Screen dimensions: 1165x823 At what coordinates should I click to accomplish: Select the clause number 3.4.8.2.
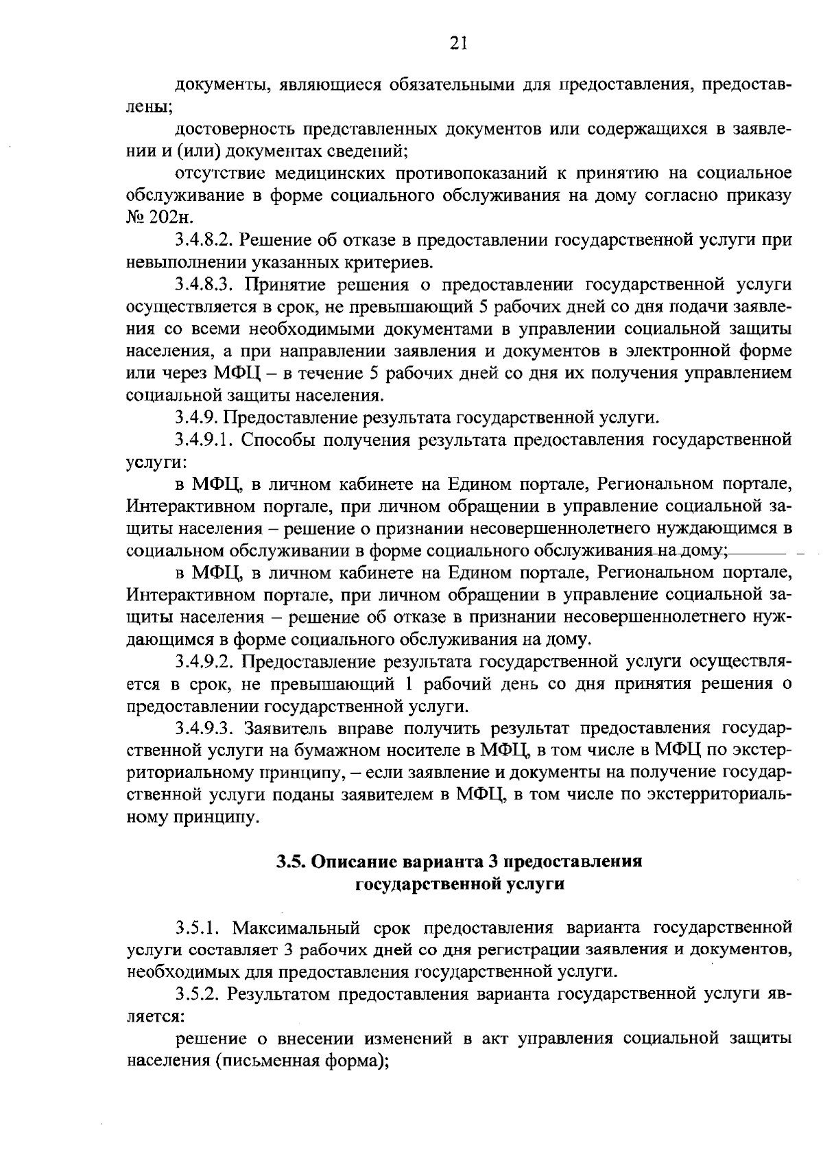[x=204, y=240]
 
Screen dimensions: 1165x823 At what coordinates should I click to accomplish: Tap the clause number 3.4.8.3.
[x=204, y=285]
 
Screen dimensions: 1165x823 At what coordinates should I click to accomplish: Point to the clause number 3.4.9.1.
[x=204, y=439]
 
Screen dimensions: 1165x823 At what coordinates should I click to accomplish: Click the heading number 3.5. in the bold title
[x=292, y=862]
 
